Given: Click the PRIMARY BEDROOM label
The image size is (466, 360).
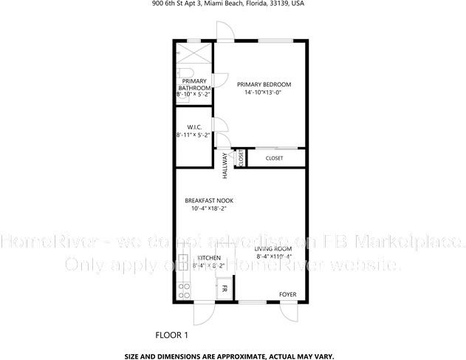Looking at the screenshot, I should (x=264, y=84).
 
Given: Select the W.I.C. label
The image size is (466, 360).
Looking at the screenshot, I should (x=194, y=126).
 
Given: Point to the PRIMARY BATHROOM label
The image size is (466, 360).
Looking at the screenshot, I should (x=194, y=84).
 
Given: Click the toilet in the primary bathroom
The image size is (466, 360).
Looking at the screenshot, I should (x=181, y=74).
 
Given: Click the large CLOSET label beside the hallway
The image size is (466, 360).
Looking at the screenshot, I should (x=274, y=158).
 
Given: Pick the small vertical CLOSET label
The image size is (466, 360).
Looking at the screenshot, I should (x=240, y=158).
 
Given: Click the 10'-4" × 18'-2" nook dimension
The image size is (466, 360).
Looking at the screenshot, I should (x=205, y=208).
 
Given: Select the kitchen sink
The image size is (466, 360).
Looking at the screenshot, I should (x=184, y=266).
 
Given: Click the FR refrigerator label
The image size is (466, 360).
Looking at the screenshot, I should (x=224, y=288).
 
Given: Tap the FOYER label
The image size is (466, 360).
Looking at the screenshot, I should (x=287, y=294).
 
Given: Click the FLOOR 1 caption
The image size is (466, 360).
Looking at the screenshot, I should (x=171, y=335).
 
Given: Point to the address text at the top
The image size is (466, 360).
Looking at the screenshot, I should (x=232, y=4).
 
